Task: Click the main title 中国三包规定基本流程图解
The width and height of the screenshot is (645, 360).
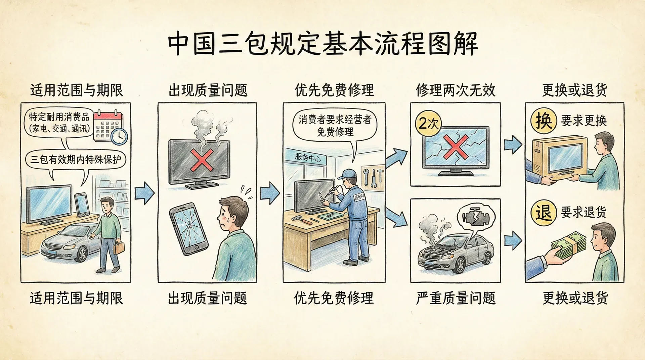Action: pos(322,44)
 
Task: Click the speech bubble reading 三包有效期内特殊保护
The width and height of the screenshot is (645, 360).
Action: pos(76,159)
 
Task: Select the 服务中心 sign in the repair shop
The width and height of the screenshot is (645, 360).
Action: pos(307,157)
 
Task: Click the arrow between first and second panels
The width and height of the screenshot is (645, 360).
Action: pos(144,193)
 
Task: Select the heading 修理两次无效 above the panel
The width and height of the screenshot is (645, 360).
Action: pos(456,90)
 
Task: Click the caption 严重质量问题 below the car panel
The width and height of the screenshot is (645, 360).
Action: pos(456,298)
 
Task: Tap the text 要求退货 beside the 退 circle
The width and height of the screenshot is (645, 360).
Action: pos(584,212)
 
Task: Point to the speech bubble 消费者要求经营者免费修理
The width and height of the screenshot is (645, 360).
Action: pos(335,126)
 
